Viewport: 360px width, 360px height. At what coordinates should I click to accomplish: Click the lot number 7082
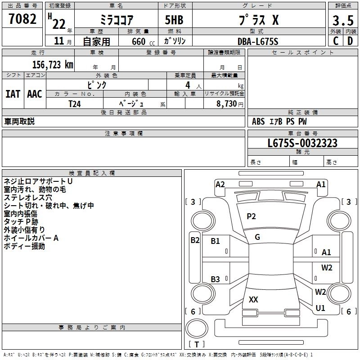tap(22, 20)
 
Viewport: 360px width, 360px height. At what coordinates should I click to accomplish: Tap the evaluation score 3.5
tap(342, 21)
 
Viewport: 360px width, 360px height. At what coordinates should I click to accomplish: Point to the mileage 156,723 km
tap(53, 64)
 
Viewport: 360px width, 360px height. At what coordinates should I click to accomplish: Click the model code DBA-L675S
tap(258, 41)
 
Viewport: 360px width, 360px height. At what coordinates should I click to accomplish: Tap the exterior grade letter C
tap(335, 41)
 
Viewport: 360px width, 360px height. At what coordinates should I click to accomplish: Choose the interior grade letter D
tap(350, 41)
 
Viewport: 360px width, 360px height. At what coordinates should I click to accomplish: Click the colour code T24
tap(75, 103)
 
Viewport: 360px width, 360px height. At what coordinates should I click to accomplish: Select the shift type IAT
tap(13, 94)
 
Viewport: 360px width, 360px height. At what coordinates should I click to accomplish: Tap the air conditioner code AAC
tap(35, 94)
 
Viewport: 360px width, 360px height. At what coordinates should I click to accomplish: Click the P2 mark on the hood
tap(251, 216)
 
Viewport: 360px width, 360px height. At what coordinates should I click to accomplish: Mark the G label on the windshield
tap(257, 237)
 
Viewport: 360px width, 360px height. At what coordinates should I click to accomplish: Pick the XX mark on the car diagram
tap(253, 299)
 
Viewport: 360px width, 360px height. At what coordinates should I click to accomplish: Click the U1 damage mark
tap(320, 308)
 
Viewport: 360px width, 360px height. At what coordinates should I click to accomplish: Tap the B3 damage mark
tap(215, 279)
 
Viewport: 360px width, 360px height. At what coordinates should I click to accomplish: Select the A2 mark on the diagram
tap(220, 184)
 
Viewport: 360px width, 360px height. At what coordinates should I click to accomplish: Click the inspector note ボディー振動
tap(24, 246)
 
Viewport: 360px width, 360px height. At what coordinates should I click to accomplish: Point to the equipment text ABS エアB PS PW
tap(279, 121)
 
